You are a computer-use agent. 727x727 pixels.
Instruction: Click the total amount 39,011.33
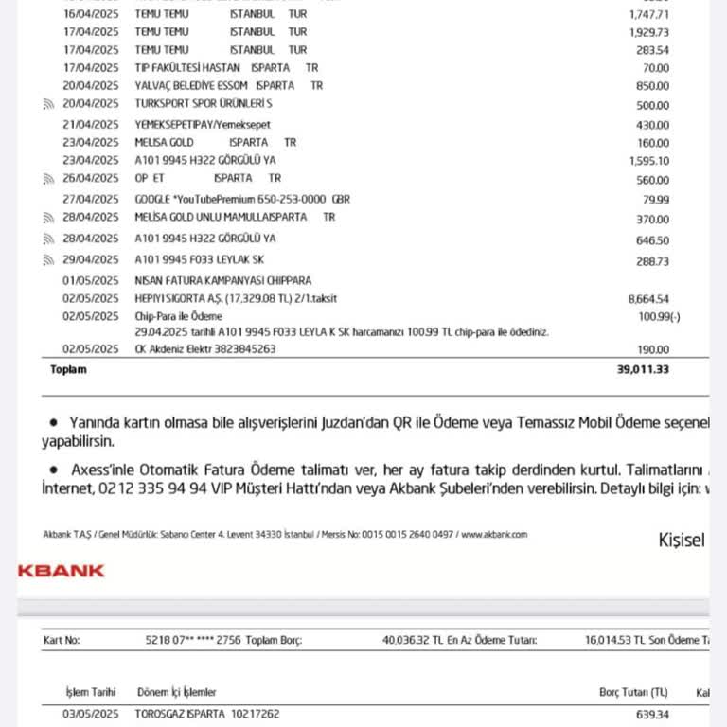pyautogui.click(x=642, y=369)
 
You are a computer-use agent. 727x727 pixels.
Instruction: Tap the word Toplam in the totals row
pyautogui.click(x=68, y=369)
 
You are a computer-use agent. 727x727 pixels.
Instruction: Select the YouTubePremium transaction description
pyautogui.click(x=242, y=199)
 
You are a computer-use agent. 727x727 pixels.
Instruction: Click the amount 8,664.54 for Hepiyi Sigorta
pyautogui.click(x=648, y=299)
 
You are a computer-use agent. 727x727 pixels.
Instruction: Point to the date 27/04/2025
pyautogui.click(x=91, y=199)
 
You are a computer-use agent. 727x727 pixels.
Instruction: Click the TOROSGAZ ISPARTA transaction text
pyautogui.click(x=208, y=714)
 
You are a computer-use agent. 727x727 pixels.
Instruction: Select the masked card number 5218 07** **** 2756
pyautogui.click(x=193, y=641)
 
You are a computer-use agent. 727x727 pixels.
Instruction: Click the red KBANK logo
pyautogui.click(x=62, y=571)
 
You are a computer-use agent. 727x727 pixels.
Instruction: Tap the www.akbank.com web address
pyautogui.click(x=494, y=535)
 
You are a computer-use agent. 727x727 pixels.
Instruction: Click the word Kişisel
pyautogui.click(x=682, y=541)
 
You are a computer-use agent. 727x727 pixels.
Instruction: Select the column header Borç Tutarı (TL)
pyautogui.click(x=633, y=693)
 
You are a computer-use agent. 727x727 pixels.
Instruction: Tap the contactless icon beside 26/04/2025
pyautogui.click(x=48, y=179)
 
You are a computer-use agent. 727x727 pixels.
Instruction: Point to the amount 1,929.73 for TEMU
pyautogui.click(x=648, y=32)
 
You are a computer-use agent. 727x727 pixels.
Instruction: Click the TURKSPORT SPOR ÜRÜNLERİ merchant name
pyautogui.click(x=204, y=104)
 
